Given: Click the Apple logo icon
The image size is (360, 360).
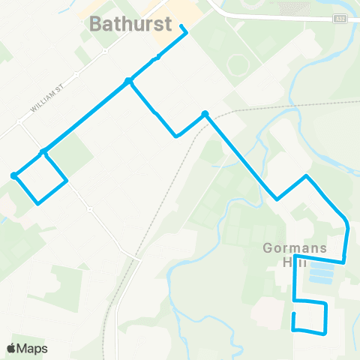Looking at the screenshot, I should click(x=12, y=348).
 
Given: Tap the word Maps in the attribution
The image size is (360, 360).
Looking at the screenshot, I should click(x=33, y=348).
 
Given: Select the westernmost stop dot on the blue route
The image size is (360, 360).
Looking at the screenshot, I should click(x=14, y=175).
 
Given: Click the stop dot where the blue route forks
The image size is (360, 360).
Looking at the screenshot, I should click(x=129, y=81).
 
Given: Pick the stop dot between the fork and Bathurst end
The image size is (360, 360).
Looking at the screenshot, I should click(x=157, y=58).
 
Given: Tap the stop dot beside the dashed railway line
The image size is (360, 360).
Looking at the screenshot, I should click(x=204, y=115).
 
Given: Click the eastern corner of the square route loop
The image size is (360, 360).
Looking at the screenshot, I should click(x=67, y=181).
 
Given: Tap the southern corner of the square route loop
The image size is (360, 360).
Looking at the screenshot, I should click(x=37, y=202).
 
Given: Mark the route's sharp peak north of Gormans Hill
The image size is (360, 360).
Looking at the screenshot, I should click(x=305, y=176).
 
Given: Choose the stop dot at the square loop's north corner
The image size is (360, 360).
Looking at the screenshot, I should click(x=43, y=152).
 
